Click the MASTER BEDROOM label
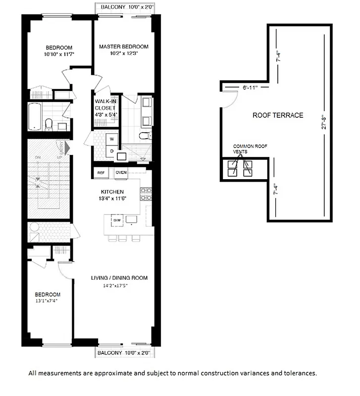(x=123, y=47)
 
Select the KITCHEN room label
(x=112, y=192)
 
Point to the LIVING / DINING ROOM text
(x=119, y=278)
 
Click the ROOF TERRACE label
(x=278, y=115)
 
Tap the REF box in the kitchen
(x=101, y=173)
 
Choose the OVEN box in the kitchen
(x=121, y=173)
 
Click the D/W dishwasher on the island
(x=117, y=220)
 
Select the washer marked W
(x=112, y=139)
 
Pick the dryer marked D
(x=112, y=151)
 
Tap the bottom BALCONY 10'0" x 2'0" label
(x=125, y=353)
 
